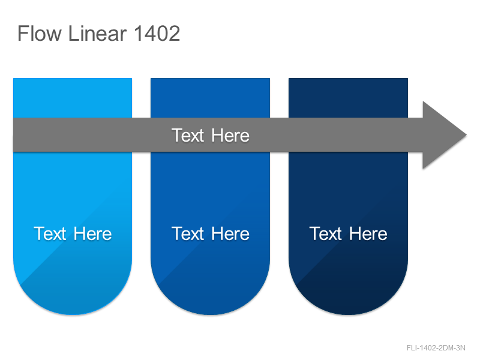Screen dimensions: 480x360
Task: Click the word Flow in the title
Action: coord(40,33)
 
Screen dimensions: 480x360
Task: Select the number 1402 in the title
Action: coord(157,33)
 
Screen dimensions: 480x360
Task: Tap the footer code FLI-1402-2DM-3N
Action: coord(436,348)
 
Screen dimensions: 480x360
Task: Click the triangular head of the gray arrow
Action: coord(441,135)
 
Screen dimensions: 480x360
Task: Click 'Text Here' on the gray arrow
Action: coord(211,136)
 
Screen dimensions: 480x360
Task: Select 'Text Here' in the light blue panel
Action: coord(73,234)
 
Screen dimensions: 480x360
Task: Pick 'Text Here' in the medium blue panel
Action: coord(211,234)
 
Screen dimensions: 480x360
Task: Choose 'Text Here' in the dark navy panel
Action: coord(349,234)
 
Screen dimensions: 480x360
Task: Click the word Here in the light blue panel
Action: coord(93,234)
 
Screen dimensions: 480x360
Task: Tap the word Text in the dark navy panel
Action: coord(325,234)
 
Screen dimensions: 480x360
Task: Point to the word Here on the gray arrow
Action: coord(230,136)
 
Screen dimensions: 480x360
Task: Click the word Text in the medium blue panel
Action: coord(188,234)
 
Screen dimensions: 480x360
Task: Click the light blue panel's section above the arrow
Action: coord(73,98)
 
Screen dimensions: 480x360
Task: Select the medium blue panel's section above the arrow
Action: coord(211,98)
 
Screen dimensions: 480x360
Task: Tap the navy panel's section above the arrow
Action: coord(349,98)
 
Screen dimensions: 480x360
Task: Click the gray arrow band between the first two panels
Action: coord(142,134)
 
